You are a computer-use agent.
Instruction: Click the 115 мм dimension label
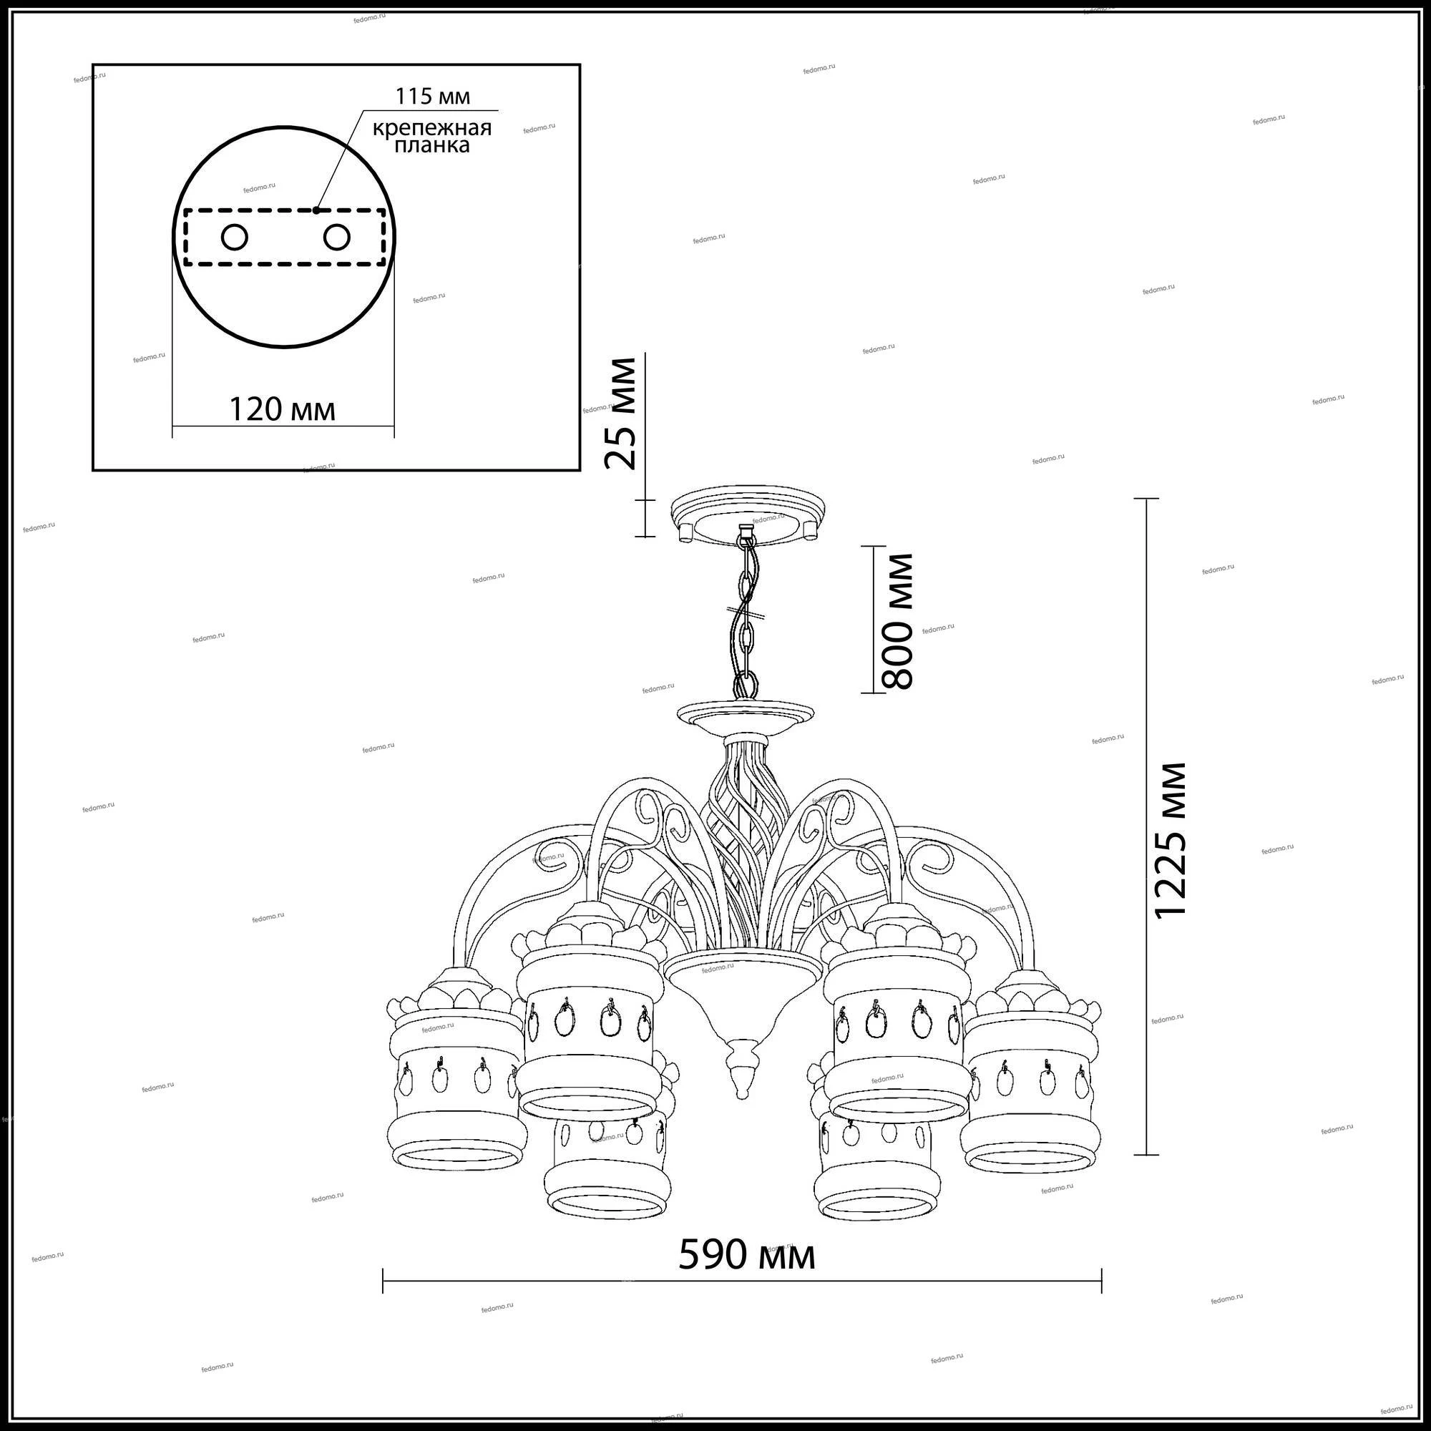433,97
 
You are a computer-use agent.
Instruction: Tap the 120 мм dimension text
282,409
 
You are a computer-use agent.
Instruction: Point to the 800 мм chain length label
896,620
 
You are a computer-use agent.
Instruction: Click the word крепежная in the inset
432,128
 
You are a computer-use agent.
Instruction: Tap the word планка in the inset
432,145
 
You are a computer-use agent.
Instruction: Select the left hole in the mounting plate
235,238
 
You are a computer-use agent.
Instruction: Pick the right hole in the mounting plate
336,238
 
